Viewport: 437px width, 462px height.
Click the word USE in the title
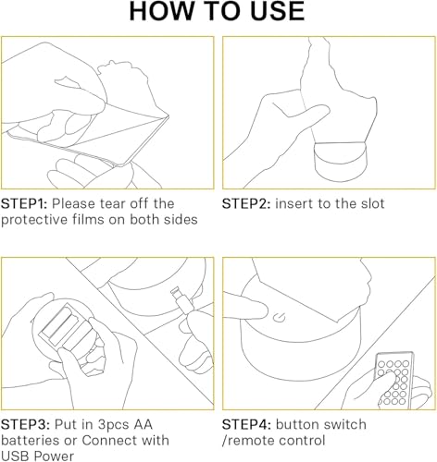point(278,11)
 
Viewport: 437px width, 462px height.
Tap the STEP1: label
point(24,204)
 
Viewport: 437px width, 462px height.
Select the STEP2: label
point(246,204)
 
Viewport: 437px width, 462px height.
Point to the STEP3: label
point(25,425)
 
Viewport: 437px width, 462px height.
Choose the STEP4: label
point(246,425)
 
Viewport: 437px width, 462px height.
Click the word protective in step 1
point(34,220)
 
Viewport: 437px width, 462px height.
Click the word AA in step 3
point(143,425)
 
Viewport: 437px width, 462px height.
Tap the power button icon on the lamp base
point(280,318)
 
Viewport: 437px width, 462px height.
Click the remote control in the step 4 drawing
point(395,380)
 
